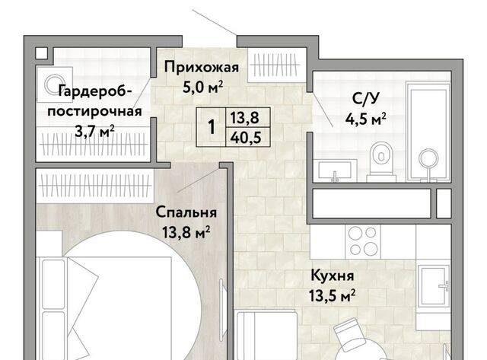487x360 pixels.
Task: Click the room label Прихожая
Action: pos(202,68)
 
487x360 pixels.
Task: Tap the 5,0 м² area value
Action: pos(203,87)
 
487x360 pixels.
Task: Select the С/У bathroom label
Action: pos(366,99)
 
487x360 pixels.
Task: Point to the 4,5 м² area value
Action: pos(366,119)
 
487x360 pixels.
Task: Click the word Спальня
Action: pos(186,212)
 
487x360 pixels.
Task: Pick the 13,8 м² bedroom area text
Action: pos(186,232)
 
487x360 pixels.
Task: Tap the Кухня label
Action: pos(333,276)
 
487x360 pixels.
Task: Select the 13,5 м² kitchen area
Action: pos(333,295)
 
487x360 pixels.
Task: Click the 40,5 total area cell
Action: pos(245,137)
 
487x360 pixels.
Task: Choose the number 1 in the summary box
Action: pos(212,127)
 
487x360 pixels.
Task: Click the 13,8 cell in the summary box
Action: pos(244,118)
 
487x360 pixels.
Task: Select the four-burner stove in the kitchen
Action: pos(363,241)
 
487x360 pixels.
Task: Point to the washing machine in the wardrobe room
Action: pos(55,84)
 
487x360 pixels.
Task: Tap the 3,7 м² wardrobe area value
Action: pos(94,132)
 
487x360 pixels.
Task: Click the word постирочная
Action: pos(94,112)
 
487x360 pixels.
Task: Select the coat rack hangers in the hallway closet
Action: pos(275,65)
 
